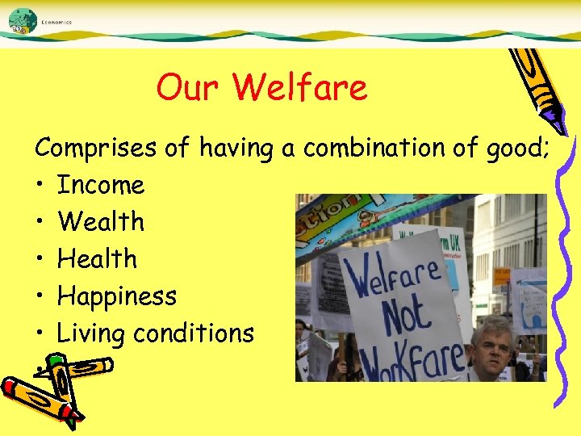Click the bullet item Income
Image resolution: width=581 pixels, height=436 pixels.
coord(101,185)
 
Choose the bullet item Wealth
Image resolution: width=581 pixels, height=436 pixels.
coord(101,221)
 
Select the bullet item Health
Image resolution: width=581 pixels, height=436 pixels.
coord(98,258)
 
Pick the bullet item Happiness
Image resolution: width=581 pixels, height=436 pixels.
coord(116,296)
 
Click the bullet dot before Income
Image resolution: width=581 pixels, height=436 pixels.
coord(40,186)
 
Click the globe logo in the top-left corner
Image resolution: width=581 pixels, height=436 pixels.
coord(22,20)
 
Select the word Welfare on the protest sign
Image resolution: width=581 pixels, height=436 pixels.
coord(394,275)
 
